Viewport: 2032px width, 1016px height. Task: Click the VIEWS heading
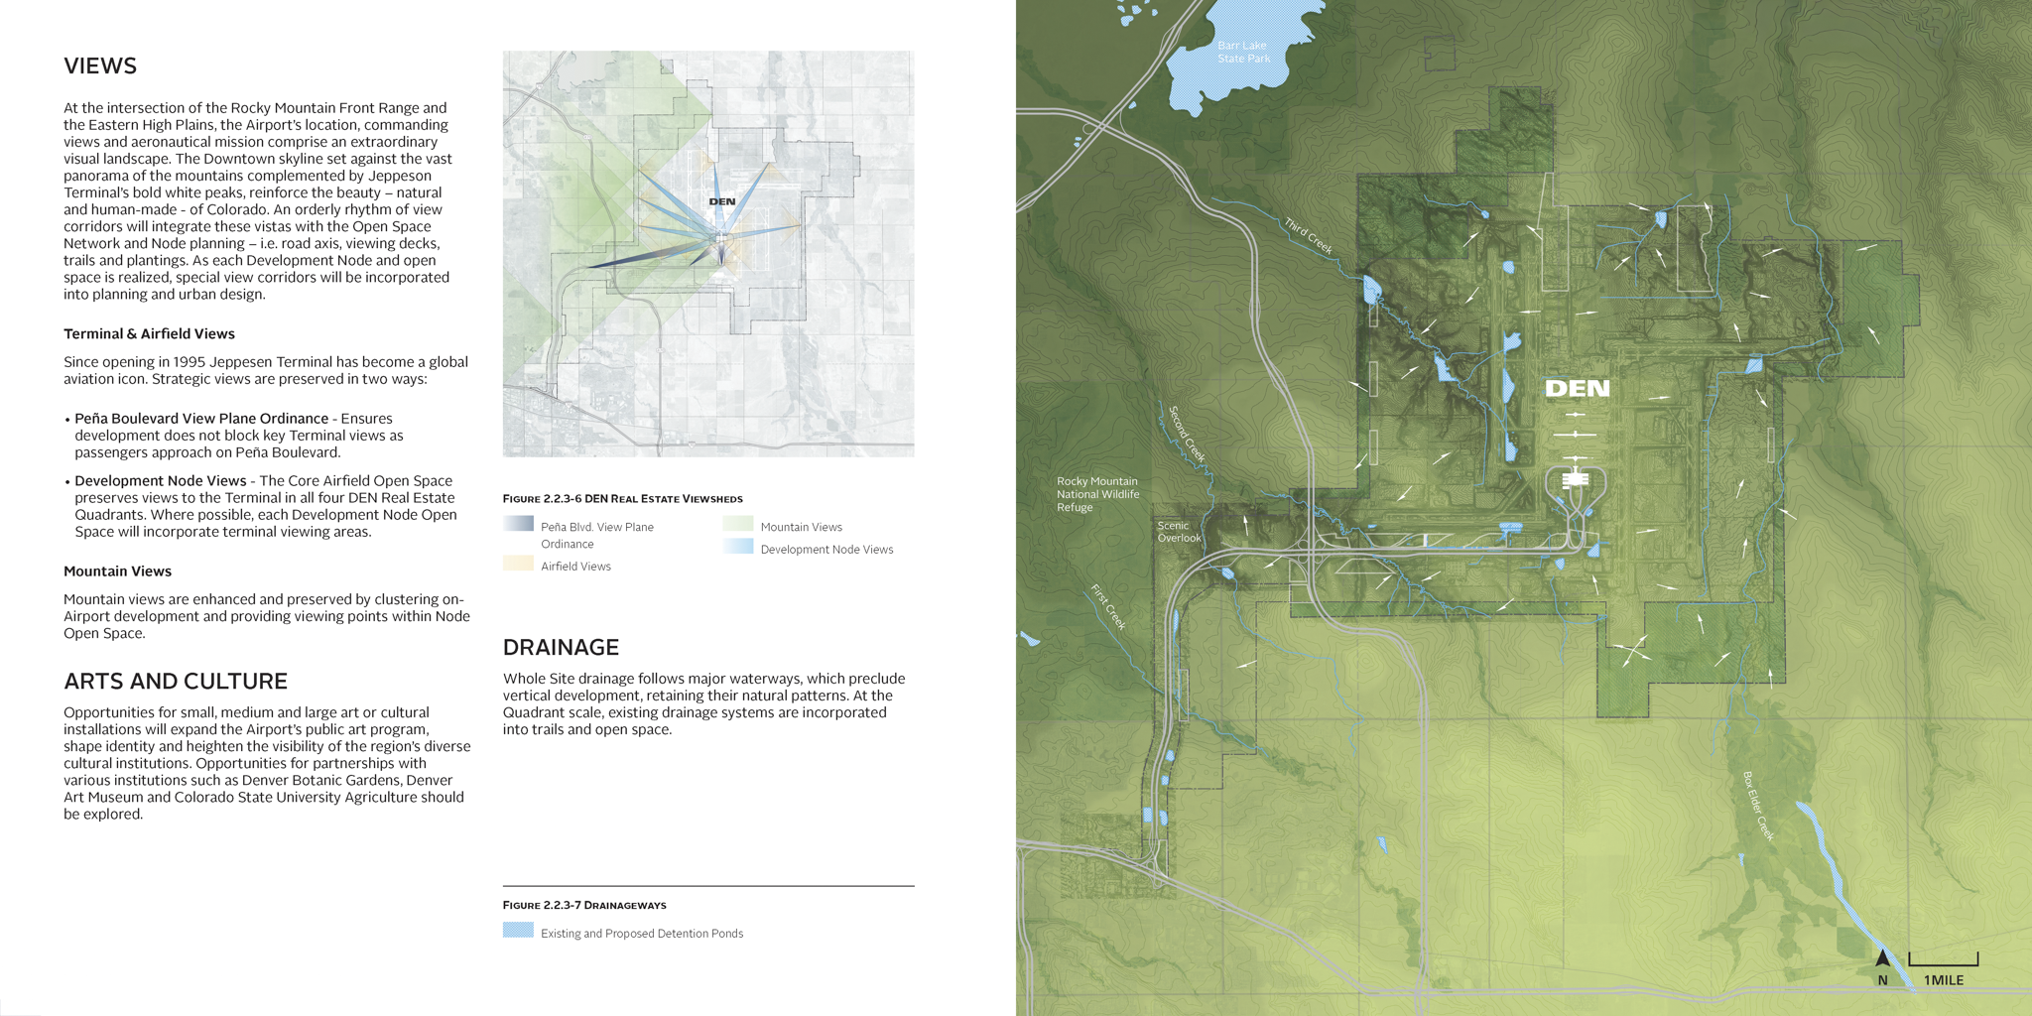[100, 66]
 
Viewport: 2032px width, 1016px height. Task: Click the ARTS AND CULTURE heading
[176, 682]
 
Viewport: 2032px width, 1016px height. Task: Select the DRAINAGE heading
[561, 648]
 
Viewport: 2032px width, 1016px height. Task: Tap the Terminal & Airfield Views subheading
[149, 334]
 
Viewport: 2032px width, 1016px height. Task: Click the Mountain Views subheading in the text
[117, 571]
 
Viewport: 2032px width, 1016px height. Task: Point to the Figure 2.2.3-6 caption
[622, 499]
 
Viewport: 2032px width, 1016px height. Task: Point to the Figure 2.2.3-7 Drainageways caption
[583, 906]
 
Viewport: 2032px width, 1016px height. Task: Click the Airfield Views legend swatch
[518, 564]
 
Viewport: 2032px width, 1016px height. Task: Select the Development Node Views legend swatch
[738, 547]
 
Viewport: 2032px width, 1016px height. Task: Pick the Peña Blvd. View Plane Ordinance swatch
[518, 524]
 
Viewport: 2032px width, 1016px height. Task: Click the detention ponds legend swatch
[518, 931]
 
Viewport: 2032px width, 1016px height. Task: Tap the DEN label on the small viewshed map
[722, 201]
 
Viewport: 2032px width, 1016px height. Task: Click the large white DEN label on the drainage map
[1577, 389]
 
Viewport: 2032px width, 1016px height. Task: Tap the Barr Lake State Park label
[1243, 53]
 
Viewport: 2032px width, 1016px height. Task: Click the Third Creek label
[1308, 236]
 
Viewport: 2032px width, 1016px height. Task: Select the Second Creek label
[1187, 434]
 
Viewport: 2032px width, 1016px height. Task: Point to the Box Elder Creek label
[1758, 807]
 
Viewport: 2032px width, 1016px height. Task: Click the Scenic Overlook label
[1179, 533]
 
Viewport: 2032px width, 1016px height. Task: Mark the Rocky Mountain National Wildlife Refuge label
[1097, 494]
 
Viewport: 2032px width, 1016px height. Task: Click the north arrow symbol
[1882, 958]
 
